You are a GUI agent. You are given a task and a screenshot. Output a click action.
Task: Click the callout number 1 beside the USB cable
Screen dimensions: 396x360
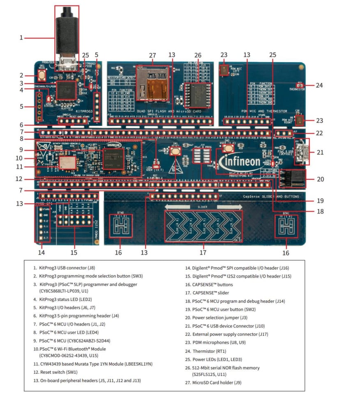[x=21, y=38]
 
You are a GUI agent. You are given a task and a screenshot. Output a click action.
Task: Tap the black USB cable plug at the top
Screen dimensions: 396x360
[x=66, y=29]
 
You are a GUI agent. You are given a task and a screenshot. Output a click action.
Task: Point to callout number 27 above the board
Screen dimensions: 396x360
[x=152, y=55]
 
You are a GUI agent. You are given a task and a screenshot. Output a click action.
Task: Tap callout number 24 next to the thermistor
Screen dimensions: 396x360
[x=320, y=86]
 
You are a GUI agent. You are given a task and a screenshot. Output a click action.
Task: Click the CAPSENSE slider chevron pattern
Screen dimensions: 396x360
[x=203, y=226]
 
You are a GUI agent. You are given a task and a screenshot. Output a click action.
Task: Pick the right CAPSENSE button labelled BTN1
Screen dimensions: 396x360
[x=286, y=226]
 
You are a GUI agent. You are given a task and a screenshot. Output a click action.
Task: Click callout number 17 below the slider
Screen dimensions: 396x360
[x=203, y=252]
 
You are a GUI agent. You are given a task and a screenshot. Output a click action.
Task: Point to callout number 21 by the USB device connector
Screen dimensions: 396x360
[x=320, y=152]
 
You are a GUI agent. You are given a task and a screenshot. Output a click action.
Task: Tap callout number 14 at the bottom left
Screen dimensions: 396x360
[x=42, y=252]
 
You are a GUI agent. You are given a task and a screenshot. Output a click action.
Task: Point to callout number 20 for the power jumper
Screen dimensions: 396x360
[x=320, y=179]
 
